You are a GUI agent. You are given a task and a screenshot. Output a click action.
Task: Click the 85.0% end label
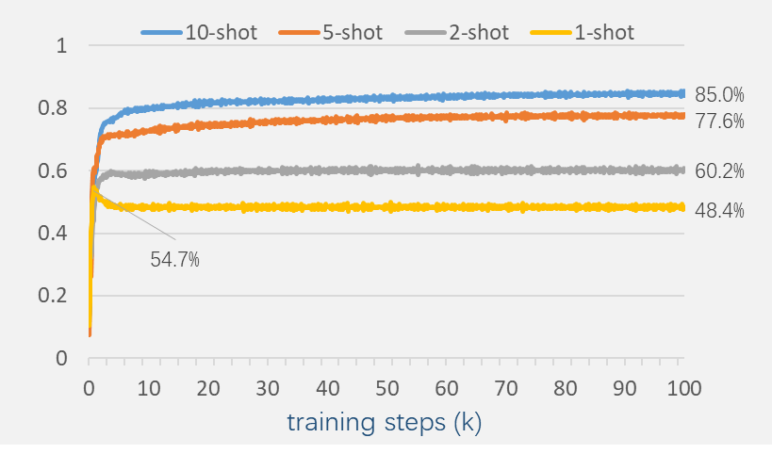tap(719, 94)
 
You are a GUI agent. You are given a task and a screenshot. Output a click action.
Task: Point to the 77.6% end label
tap(719, 121)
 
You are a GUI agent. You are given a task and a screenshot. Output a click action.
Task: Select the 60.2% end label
tap(719, 171)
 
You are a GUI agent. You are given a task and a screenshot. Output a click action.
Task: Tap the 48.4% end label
tap(719, 211)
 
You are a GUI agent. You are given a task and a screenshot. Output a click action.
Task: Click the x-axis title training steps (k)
tap(385, 423)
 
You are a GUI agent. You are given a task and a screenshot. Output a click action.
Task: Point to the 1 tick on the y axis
tap(62, 45)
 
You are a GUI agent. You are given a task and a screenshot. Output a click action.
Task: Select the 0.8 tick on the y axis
tap(55, 108)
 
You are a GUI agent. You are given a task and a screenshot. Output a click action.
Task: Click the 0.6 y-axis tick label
tap(55, 170)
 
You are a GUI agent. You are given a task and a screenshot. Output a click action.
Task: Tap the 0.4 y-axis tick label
tap(55, 233)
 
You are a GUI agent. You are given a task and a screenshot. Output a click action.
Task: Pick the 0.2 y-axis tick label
tap(55, 296)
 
